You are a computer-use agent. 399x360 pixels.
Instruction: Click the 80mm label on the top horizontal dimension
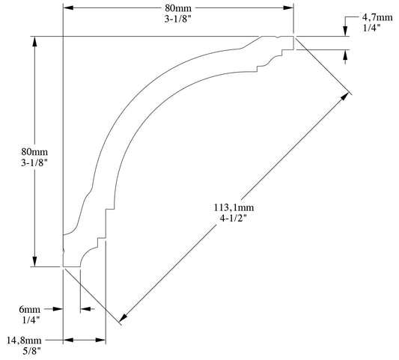177,8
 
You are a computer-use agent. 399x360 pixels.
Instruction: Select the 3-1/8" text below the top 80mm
177,20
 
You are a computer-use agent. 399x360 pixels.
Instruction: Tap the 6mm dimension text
29,308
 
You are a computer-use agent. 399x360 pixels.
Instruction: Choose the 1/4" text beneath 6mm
30,320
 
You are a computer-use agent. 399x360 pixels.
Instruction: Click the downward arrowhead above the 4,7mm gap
345,31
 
